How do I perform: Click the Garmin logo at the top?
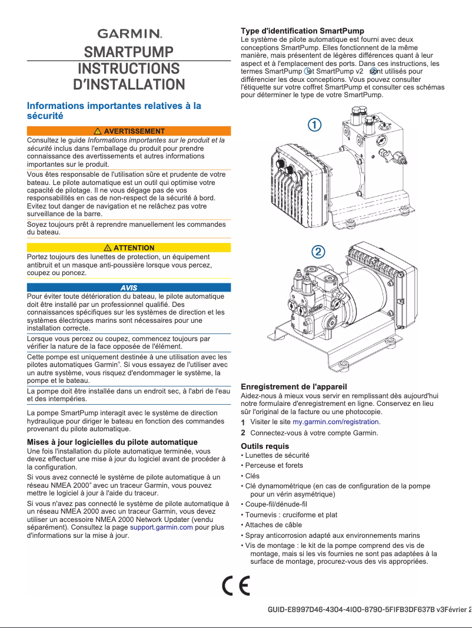coord(129,34)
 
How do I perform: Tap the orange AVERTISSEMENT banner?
coord(129,131)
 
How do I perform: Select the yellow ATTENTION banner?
coord(129,247)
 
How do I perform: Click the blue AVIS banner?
coord(129,287)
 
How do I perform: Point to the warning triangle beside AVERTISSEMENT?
coord(98,131)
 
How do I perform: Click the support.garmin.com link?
coord(161,527)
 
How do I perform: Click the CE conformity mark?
coord(236,586)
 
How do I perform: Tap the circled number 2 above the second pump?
coord(317,252)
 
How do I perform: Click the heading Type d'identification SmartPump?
coord(303,31)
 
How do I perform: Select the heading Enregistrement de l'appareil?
coord(294,386)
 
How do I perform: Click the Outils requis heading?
coord(265,446)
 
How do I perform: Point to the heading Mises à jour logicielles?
coord(112,442)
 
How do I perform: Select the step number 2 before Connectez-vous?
coord(244,433)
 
